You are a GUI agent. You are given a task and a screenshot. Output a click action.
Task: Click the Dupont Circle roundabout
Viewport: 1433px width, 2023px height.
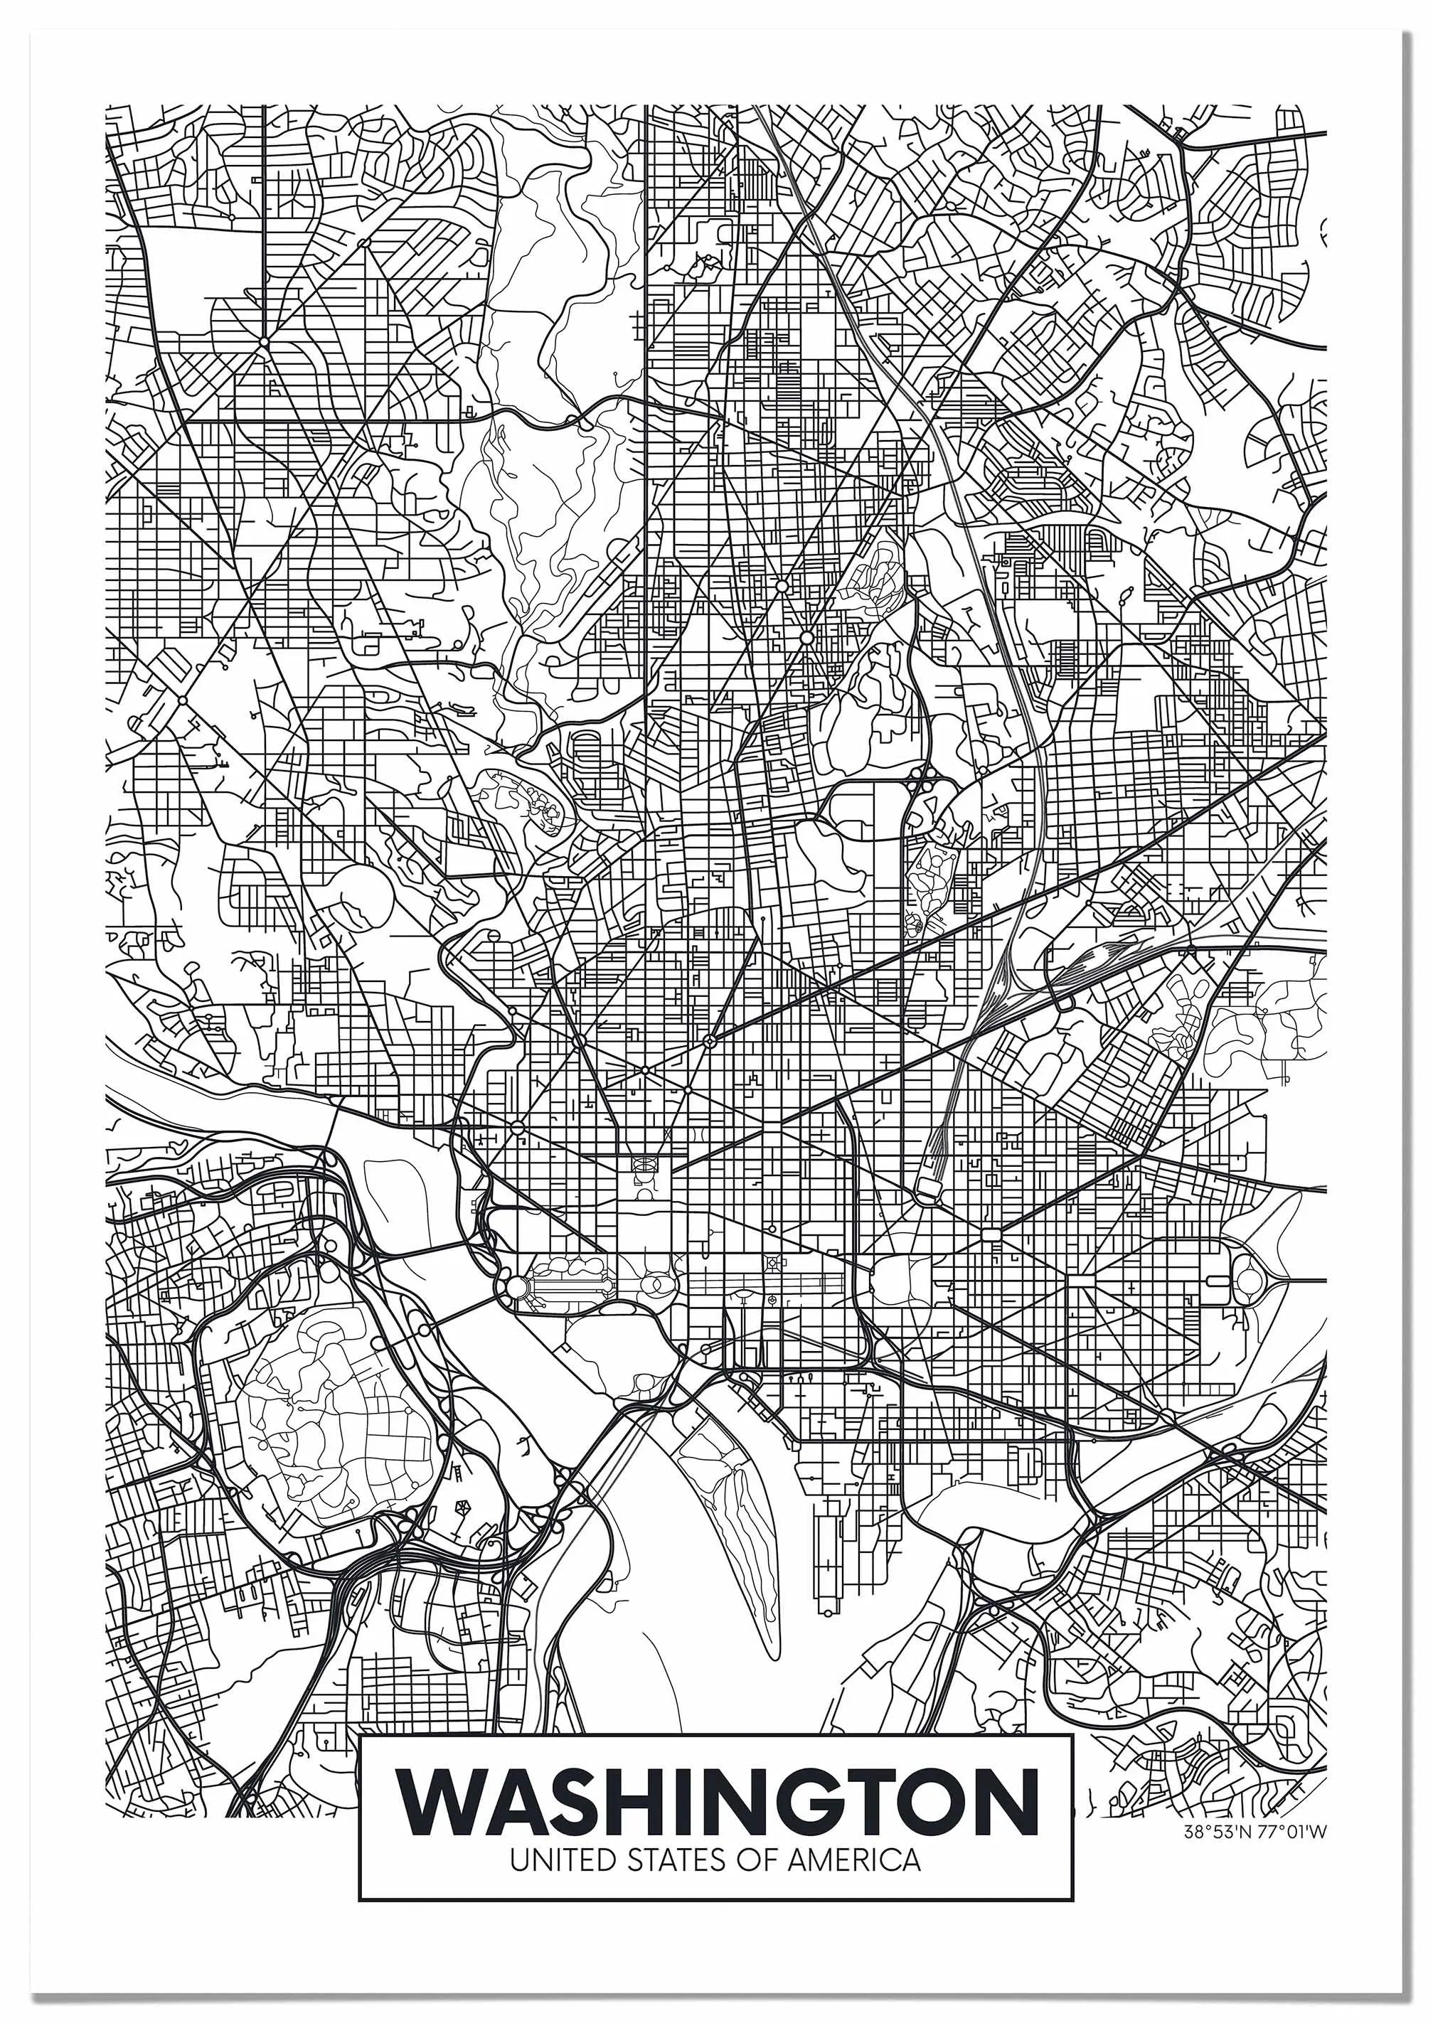click(x=577, y=1042)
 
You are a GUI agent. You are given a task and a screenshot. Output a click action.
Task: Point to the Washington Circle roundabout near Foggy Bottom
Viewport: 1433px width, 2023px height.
click(x=517, y=1128)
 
